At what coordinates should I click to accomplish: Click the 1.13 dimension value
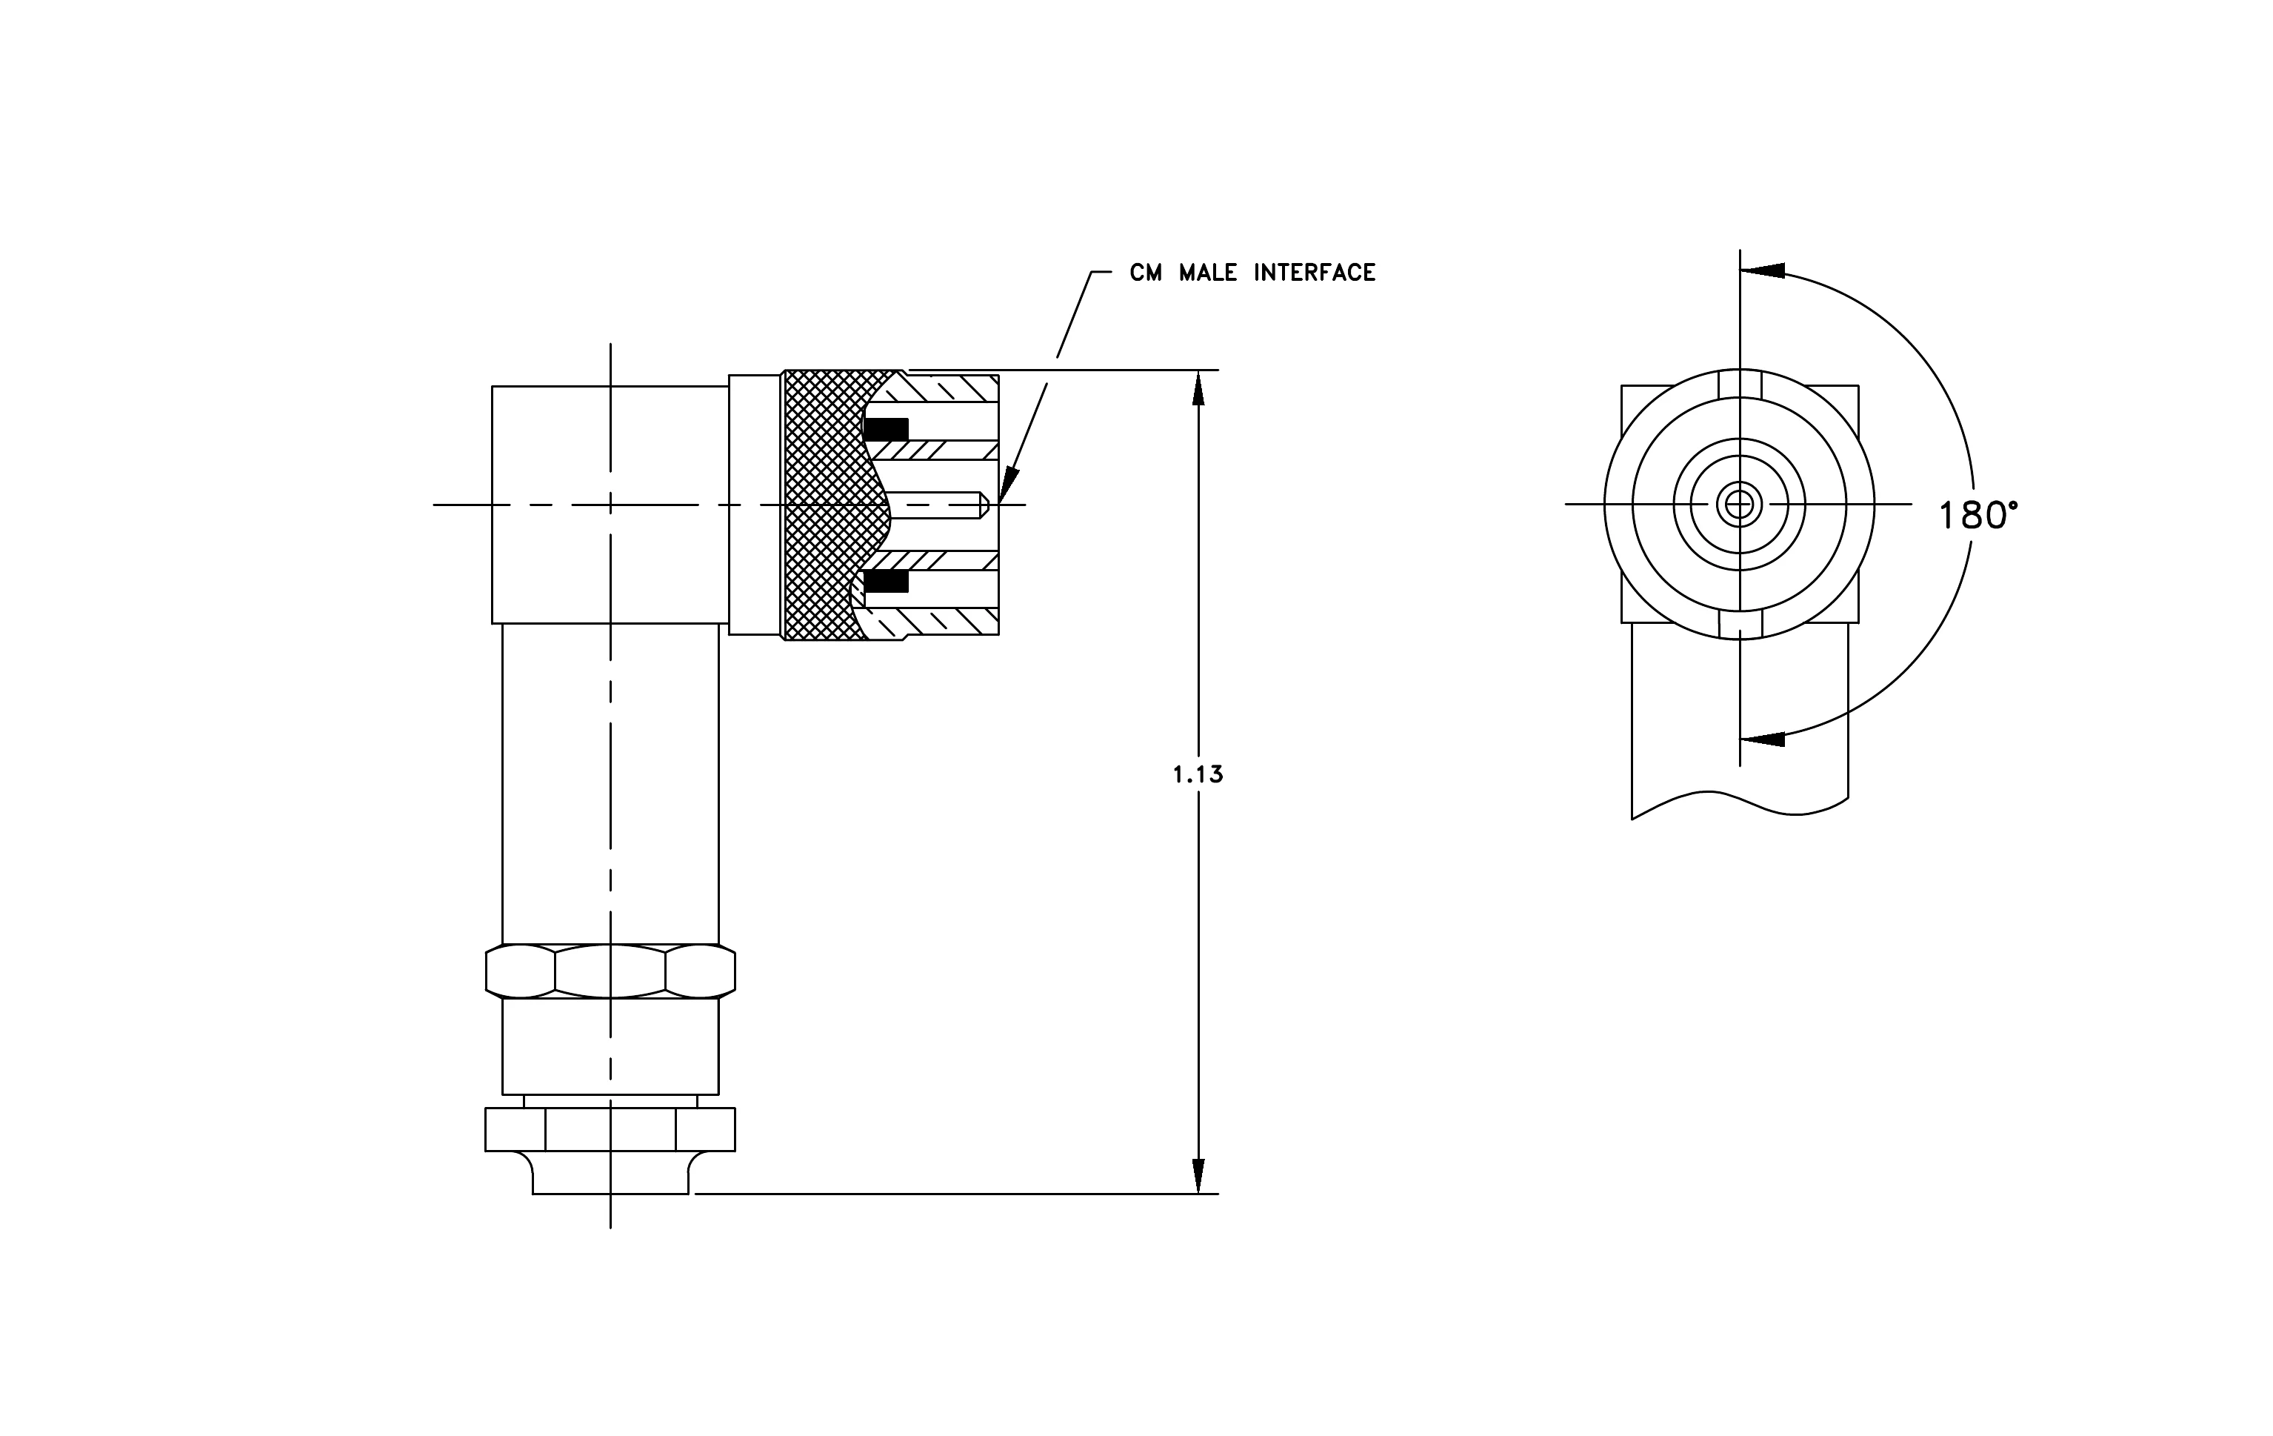1198,775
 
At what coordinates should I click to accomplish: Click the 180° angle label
1978,516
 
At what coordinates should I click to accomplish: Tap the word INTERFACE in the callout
1314,273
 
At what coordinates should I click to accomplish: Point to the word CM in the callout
1146,273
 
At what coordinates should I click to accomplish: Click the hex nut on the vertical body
611,971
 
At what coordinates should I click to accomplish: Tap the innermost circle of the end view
1739,504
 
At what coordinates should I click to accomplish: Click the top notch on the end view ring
1740,383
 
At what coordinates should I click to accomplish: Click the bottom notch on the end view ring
1740,624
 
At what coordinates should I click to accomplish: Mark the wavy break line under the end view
1740,802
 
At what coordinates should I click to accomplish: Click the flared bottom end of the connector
611,1173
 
